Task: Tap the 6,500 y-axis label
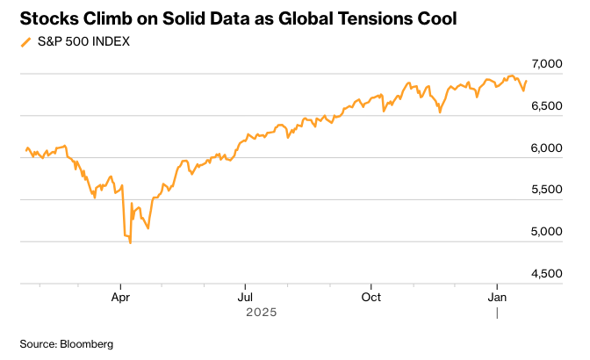(x=546, y=106)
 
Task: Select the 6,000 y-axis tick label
(x=546, y=148)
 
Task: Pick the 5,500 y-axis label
(x=546, y=190)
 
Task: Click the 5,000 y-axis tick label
(x=546, y=232)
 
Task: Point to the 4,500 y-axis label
(x=546, y=274)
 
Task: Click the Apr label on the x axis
(x=121, y=297)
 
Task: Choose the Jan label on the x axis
(x=498, y=297)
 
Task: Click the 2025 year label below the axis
(x=261, y=312)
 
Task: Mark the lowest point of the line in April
(x=131, y=242)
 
